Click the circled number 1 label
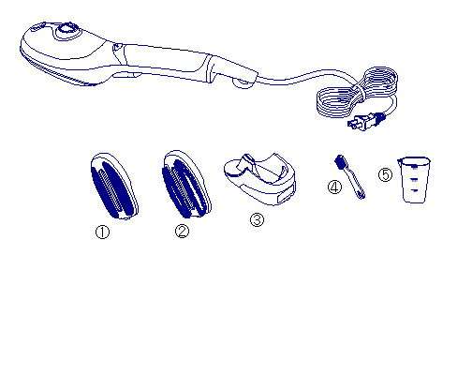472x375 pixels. [102, 232]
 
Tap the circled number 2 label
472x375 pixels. [182, 232]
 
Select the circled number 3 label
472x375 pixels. [257, 219]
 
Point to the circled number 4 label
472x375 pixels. [334, 187]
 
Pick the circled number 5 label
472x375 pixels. [386, 174]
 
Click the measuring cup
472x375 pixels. [415, 180]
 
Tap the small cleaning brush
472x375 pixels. [349, 176]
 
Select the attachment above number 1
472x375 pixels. [114, 186]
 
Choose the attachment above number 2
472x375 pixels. [186, 185]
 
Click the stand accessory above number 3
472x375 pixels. [259, 179]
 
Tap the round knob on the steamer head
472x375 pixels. [66, 29]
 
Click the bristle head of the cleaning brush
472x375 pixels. [340, 162]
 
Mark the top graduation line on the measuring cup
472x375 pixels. [414, 169]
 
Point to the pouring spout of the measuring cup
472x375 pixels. [400, 161]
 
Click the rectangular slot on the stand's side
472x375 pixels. [287, 197]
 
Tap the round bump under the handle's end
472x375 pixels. [243, 83]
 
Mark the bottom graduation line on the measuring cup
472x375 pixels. [415, 190]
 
